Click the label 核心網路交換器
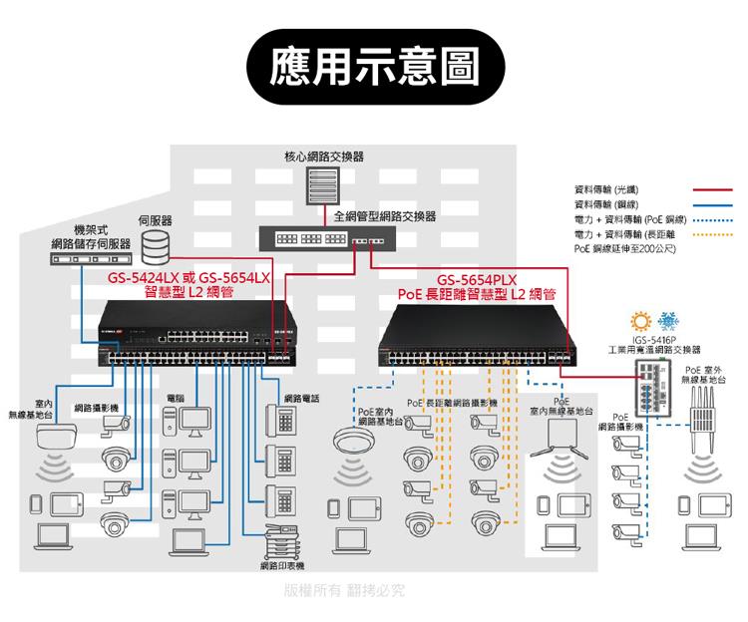tap(324, 156)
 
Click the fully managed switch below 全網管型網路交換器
tap(326, 240)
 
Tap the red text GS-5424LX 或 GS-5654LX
tap(189, 278)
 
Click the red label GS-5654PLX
tap(476, 279)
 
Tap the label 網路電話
tap(301, 399)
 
